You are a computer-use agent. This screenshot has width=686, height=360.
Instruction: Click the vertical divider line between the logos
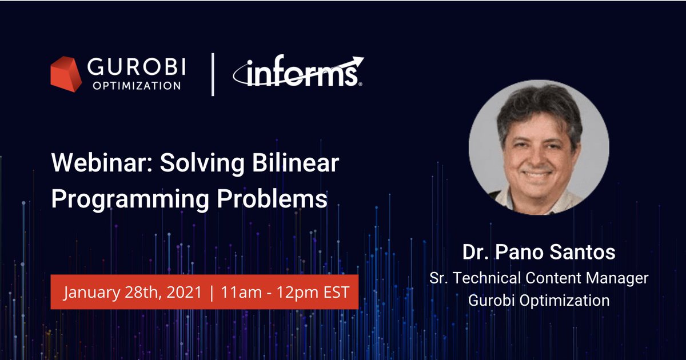pyautogui.click(x=213, y=74)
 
